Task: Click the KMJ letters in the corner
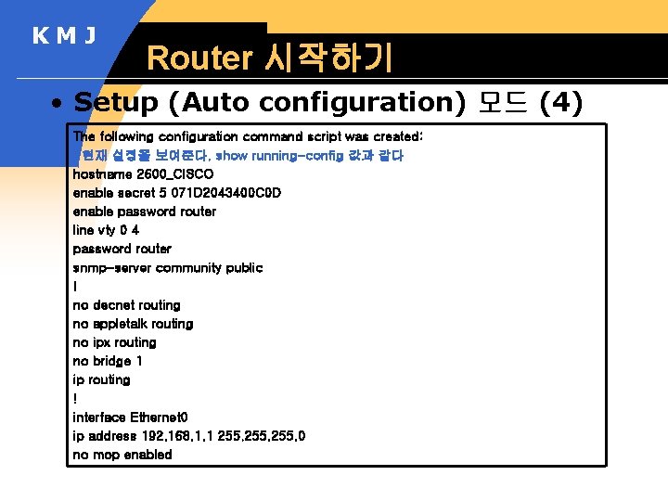pos(65,36)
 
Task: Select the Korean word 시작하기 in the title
pos(328,58)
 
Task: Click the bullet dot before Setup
pos(58,102)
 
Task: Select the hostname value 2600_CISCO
pos(174,174)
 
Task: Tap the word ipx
pos(101,342)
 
